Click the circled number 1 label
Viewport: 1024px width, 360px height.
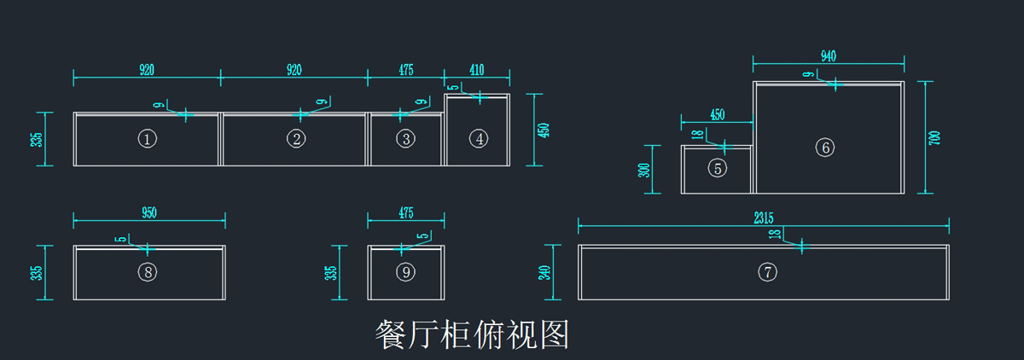(148, 139)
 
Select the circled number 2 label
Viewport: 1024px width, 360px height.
(296, 139)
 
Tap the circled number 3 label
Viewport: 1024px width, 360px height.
(406, 138)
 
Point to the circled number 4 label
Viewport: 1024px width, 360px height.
(480, 138)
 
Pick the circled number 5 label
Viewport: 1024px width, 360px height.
(718, 168)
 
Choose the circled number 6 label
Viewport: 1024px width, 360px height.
(824, 148)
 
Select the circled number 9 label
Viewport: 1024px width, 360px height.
(406, 272)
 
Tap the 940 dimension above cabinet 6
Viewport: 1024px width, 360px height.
(828, 56)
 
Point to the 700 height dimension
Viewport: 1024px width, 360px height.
(934, 137)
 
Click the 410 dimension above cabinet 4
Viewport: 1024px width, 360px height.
(477, 70)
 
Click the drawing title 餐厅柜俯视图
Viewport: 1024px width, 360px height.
(472, 335)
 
